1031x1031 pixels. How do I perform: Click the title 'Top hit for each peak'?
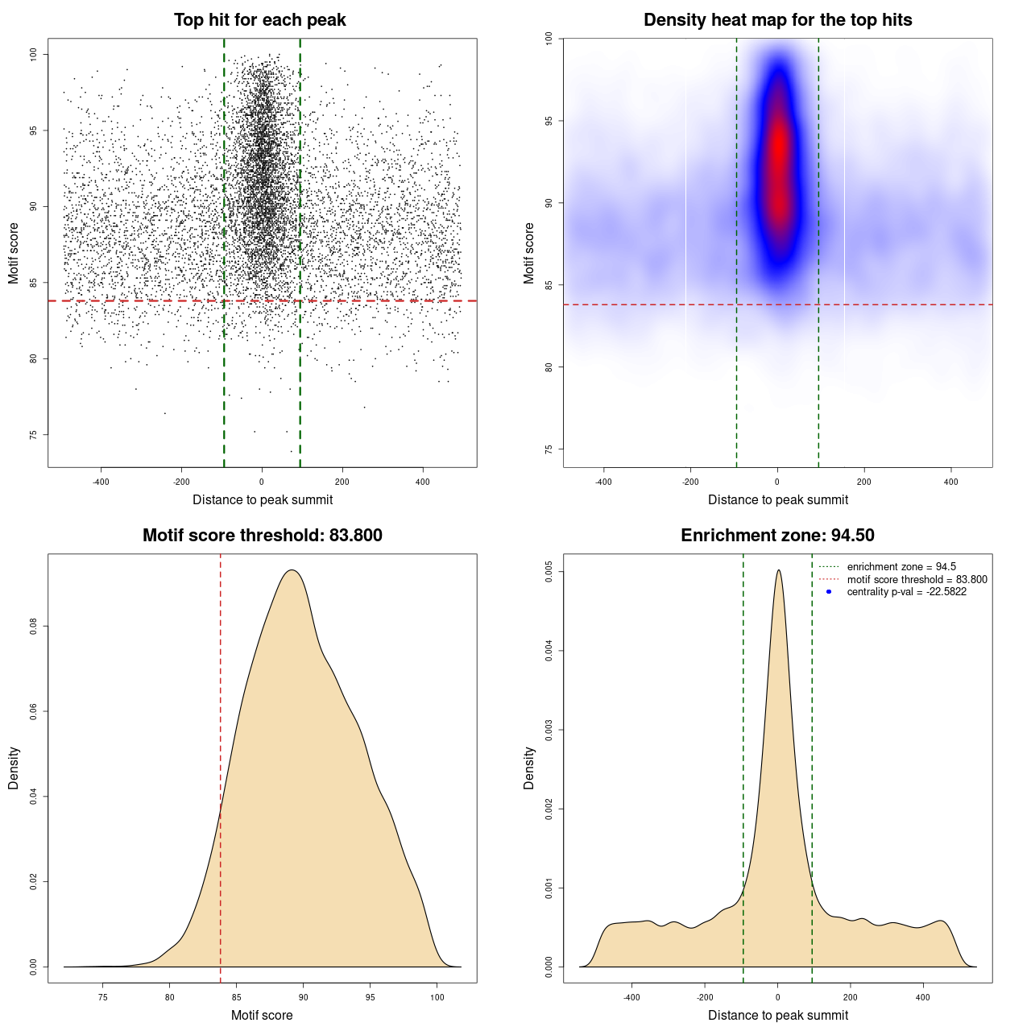point(259,20)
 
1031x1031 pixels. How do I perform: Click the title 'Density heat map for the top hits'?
point(777,20)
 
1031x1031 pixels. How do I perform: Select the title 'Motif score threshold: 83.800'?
point(262,536)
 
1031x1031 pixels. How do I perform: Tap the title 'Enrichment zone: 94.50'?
point(777,536)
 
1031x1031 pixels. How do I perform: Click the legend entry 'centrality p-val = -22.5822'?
point(906,592)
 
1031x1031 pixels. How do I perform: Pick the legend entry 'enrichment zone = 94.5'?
point(901,567)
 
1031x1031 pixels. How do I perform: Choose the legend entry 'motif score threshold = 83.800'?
point(917,580)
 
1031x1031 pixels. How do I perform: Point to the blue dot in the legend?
point(829,592)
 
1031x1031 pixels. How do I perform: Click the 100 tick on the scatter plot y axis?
point(34,54)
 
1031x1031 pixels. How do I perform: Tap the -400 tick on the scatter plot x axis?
point(101,482)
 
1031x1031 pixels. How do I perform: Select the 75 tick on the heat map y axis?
point(549,449)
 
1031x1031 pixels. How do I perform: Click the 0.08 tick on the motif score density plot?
point(34,627)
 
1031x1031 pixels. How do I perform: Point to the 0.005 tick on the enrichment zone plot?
point(549,573)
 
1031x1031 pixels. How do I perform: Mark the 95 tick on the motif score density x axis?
point(370,997)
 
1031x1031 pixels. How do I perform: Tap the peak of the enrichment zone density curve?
point(778,571)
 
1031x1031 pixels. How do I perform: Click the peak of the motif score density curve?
point(292,571)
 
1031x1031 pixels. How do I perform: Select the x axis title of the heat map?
point(777,500)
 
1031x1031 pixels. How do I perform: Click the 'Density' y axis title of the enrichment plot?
point(529,768)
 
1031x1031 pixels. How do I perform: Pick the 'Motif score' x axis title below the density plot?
point(262,1016)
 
